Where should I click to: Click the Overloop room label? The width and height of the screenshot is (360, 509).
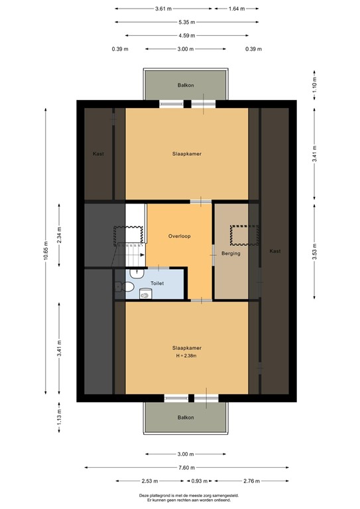(x=179, y=236)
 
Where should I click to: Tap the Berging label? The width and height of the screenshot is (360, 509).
(x=231, y=253)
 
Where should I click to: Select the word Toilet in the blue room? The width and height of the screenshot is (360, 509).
(x=157, y=283)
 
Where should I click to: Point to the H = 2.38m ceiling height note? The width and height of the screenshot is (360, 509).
(x=186, y=356)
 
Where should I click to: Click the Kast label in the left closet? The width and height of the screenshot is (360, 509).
(x=98, y=154)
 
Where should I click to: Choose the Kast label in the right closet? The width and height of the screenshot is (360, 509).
(x=274, y=251)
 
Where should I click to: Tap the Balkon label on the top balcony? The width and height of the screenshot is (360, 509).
(x=186, y=85)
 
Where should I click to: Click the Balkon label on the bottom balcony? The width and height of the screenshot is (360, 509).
(x=186, y=418)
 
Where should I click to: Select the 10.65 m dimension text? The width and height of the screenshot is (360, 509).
(x=46, y=251)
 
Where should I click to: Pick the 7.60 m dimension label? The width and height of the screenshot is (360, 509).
(x=186, y=467)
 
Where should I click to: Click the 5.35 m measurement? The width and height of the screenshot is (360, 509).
(x=186, y=23)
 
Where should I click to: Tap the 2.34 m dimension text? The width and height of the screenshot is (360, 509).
(x=60, y=237)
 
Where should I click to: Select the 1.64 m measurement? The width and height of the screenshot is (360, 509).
(x=235, y=9)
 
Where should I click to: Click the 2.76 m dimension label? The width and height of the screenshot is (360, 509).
(x=251, y=481)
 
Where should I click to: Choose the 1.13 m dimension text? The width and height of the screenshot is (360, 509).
(x=60, y=416)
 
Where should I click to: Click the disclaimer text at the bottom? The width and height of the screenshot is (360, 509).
(x=186, y=498)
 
